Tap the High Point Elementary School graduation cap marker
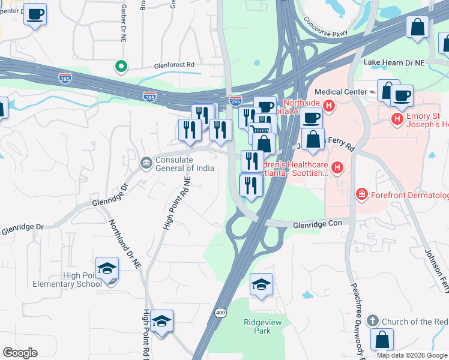pyautogui.click(x=106, y=268)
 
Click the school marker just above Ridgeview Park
pyautogui.click(x=261, y=284)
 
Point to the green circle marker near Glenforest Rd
pyautogui.click(x=121, y=67)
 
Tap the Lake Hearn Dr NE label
pyautogui.click(x=394, y=62)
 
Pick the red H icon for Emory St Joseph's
pyautogui.click(x=397, y=119)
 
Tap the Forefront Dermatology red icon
pyautogui.click(x=362, y=194)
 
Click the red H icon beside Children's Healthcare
pyautogui.click(x=338, y=167)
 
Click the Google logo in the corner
pyautogui.click(x=20, y=353)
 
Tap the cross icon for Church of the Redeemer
pyautogui.click(x=373, y=321)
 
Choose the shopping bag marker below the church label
pyautogui.click(x=382, y=340)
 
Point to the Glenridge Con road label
pyautogui.click(x=321, y=223)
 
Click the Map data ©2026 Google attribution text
pyautogui.click(x=412, y=355)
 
